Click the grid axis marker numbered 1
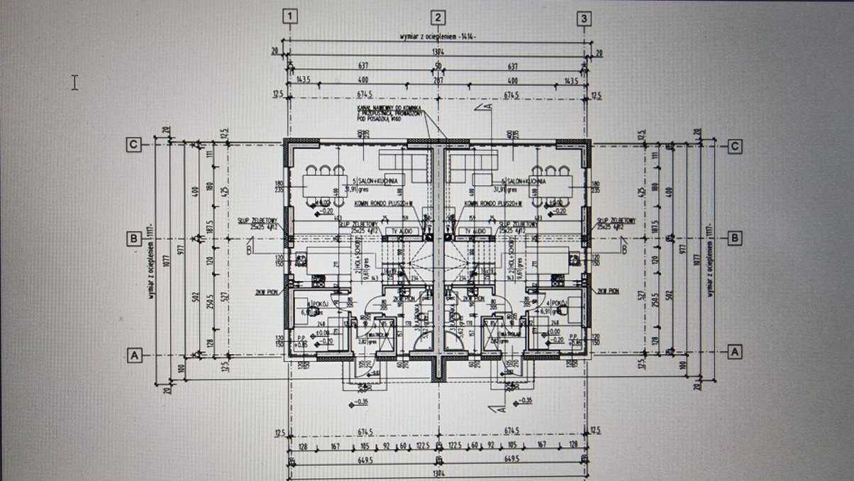point(289,17)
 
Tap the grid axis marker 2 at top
point(439,18)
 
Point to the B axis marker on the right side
point(736,238)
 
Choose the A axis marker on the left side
point(133,353)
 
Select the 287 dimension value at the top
point(438,80)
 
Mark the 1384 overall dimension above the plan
point(438,52)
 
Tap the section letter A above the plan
point(488,107)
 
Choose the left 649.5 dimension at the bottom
point(365,458)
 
